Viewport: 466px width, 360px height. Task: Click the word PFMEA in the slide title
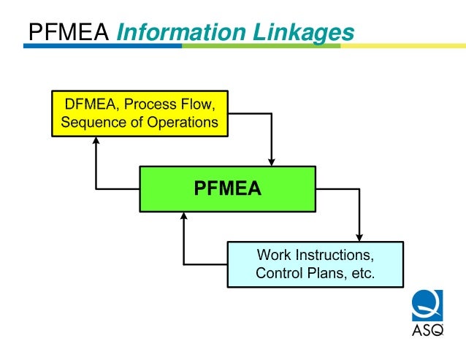(x=68, y=32)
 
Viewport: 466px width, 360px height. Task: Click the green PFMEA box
(x=227, y=189)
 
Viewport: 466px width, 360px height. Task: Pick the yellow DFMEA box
(x=140, y=113)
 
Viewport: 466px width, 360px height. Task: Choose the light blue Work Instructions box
(x=315, y=264)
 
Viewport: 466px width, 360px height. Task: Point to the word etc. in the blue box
(x=361, y=274)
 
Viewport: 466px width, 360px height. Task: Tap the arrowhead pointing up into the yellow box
(x=96, y=142)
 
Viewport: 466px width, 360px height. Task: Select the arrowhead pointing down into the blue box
(x=359, y=236)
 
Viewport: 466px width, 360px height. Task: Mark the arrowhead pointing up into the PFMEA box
(x=184, y=217)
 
